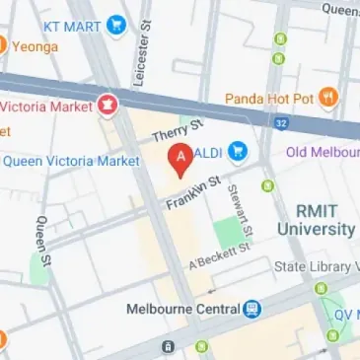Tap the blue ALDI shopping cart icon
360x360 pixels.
(x=238, y=152)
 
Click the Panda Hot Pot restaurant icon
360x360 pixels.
(x=328, y=98)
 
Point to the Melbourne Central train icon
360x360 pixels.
(x=252, y=309)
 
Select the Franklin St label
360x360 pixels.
(x=189, y=191)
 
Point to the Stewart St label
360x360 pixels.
(x=240, y=210)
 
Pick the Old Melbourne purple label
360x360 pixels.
(x=323, y=152)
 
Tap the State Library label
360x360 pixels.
(x=317, y=266)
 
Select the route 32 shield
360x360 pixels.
(x=281, y=123)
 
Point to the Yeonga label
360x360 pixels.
(x=34, y=45)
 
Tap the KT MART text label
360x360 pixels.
(x=71, y=22)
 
